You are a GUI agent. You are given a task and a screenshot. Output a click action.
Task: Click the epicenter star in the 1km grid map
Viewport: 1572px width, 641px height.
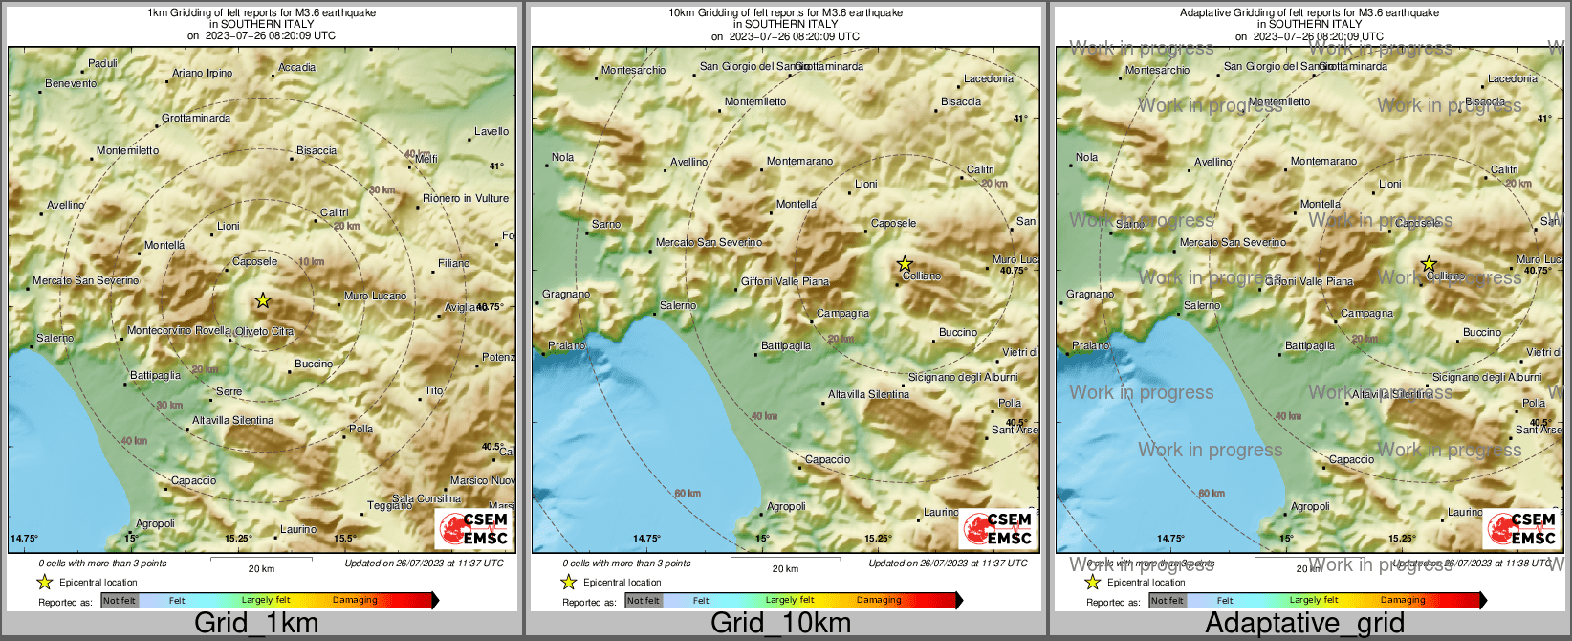click(x=263, y=300)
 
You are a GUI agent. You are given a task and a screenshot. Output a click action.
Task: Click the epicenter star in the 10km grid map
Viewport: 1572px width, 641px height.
click(x=905, y=263)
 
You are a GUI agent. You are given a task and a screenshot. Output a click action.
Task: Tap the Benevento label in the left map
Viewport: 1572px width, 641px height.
click(x=71, y=83)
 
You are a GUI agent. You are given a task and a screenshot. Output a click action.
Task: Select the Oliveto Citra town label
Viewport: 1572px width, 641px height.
click(x=265, y=331)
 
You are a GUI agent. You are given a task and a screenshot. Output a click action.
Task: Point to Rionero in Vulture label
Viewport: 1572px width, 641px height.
click(x=466, y=198)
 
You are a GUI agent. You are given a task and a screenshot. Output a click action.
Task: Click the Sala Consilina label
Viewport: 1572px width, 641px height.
click(x=426, y=498)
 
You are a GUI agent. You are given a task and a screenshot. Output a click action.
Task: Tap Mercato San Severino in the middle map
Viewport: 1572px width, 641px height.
click(x=709, y=242)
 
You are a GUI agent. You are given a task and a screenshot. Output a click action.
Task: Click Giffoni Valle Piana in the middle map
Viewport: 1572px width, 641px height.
click(x=785, y=281)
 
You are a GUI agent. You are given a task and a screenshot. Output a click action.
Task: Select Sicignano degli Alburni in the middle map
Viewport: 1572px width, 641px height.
click(x=963, y=377)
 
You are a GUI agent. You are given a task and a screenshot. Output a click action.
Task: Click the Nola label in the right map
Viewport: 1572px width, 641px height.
click(x=1086, y=157)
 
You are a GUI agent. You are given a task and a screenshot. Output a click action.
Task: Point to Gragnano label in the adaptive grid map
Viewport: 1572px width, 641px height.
click(x=1090, y=294)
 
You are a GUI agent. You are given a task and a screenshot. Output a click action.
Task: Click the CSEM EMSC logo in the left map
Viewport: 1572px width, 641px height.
click(x=473, y=528)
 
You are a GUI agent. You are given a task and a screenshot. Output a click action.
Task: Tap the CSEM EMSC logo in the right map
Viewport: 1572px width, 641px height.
click(x=1521, y=528)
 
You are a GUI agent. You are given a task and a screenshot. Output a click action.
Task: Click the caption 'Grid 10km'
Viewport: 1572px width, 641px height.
click(x=780, y=623)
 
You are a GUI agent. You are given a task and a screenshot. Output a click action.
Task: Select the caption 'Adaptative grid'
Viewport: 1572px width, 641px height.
click(x=1304, y=623)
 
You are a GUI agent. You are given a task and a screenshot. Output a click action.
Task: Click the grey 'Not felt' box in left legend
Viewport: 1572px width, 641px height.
click(x=120, y=600)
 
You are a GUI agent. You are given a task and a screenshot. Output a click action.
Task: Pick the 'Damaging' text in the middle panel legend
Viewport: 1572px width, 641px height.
click(x=879, y=600)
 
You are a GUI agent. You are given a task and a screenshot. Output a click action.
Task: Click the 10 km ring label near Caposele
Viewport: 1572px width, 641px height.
click(x=311, y=261)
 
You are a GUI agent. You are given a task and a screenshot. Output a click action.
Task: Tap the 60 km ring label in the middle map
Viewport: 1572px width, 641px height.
click(x=688, y=494)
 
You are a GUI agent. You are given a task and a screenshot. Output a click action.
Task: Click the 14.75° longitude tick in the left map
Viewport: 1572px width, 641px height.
click(x=25, y=539)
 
